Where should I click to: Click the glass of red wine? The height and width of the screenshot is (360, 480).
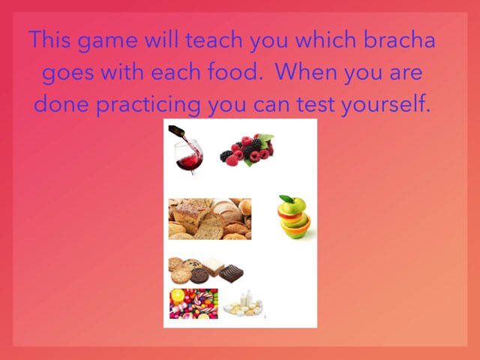(x=188, y=158)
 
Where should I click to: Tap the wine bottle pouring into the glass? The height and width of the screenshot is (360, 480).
(x=178, y=133)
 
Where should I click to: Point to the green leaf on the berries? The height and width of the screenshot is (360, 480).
(x=265, y=139)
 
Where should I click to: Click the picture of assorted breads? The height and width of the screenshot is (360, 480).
(x=209, y=219)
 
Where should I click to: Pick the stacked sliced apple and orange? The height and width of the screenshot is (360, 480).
(x=294, y=217)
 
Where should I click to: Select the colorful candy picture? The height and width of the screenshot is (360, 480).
(x=193, y=304)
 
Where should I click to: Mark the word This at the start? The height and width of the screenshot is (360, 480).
(x=48, y=40)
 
